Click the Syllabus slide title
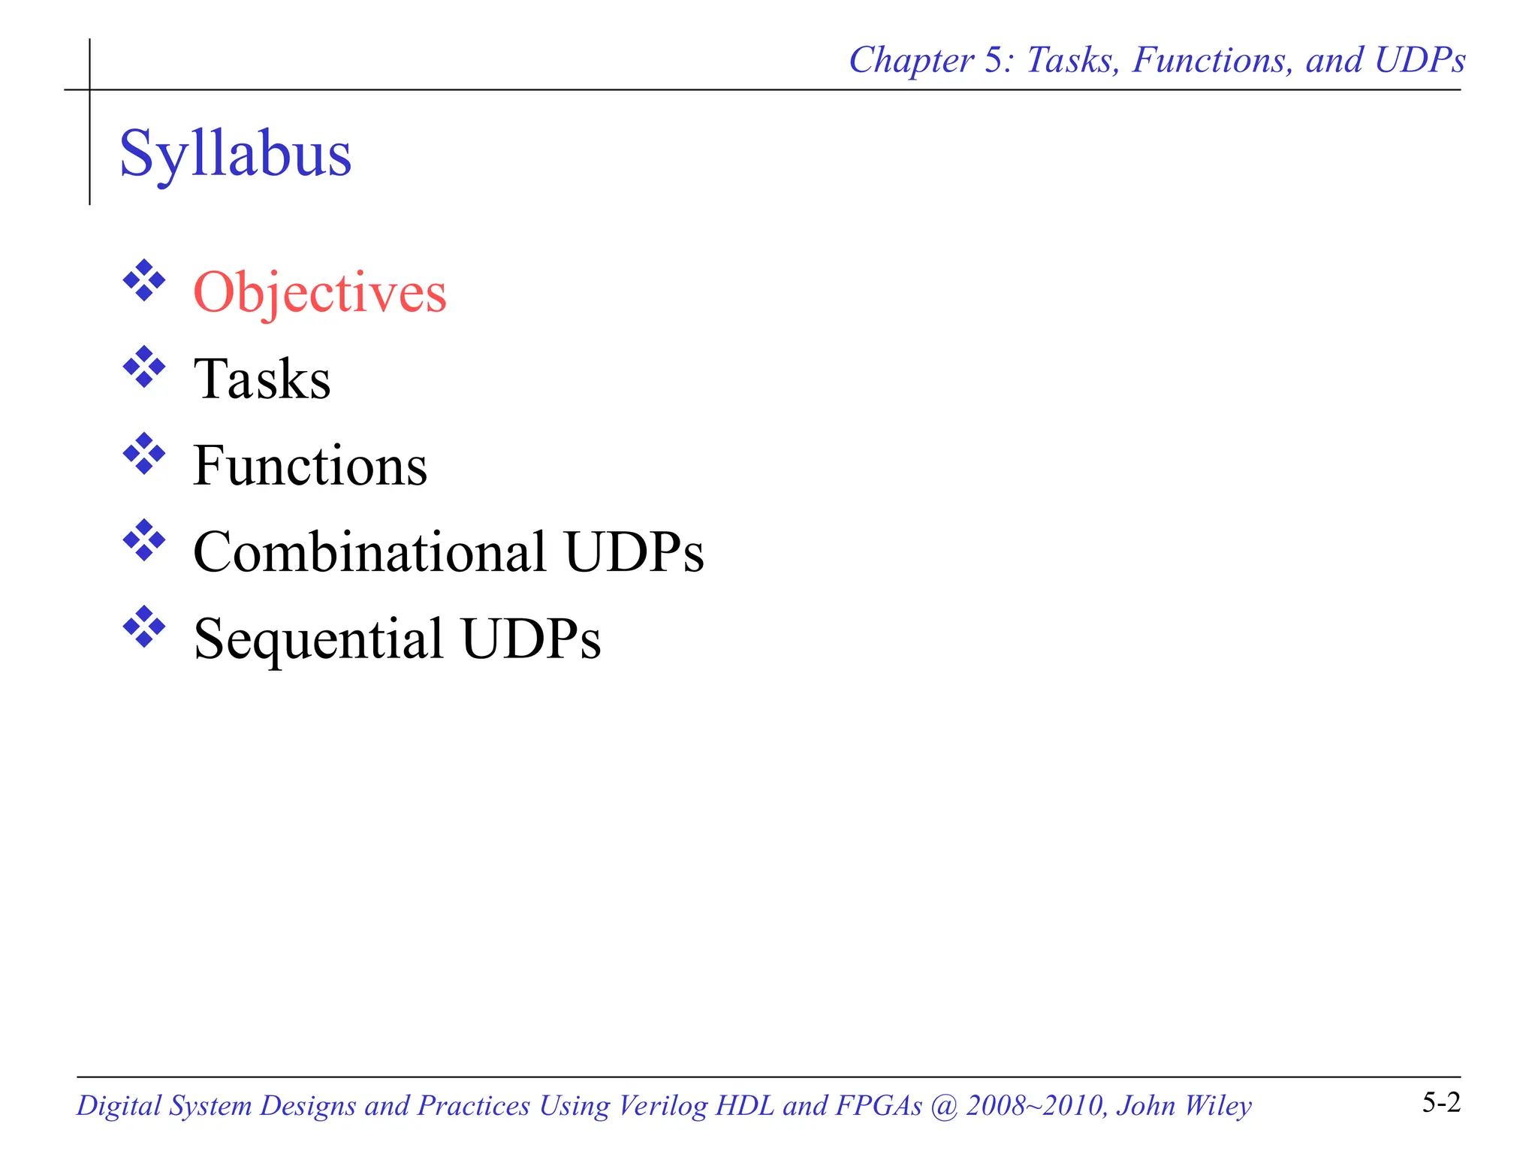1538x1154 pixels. coord(235,153)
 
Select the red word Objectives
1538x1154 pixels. coord(320,292)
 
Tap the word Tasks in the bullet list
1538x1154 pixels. coord(262,379)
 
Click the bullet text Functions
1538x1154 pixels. coord(310,466)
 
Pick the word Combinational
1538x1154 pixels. coord(369,552)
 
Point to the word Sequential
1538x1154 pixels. coord(318,639)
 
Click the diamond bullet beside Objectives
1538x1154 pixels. coord(144,281)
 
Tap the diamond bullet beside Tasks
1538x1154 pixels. coord(144,367)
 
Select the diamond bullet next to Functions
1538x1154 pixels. coord(144,454)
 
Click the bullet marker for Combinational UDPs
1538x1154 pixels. coord(144,540)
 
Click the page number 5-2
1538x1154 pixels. coord(1441,1103)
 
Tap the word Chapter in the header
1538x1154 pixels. coord(911,61)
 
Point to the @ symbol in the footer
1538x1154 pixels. coord(944,1106)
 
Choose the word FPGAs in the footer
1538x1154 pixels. coord(879,1106)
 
